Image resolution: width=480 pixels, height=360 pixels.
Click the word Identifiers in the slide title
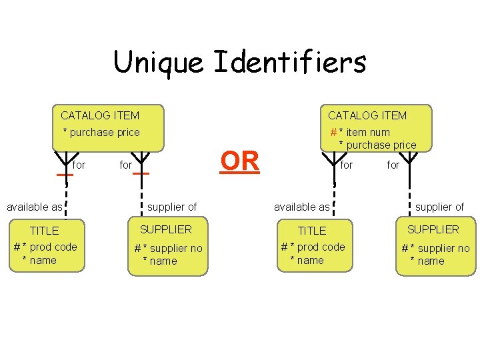(290, 63)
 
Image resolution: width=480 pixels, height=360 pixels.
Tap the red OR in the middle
(239, 161)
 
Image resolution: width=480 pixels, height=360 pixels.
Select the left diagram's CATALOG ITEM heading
(100, 115)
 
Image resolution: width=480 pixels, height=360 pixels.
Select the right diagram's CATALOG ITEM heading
(367, 115)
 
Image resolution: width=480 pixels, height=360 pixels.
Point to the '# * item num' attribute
(360, 132)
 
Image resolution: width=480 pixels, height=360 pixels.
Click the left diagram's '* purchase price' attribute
(101, 132)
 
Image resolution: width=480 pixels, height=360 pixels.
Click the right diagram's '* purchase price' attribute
(377, 145)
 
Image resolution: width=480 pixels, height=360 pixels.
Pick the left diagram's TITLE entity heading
(45, 231)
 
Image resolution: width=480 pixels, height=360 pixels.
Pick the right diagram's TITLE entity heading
(312, 231)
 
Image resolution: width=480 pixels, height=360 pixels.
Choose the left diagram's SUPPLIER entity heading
(165, 229)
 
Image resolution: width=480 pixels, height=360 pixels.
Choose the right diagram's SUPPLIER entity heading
(433, 229)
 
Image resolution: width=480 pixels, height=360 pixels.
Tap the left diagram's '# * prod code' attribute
(45, 247)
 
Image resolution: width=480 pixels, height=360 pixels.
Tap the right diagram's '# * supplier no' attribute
(435, 248)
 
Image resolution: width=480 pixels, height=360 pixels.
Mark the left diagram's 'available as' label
(34, 207)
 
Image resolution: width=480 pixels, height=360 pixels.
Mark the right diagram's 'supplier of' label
(439, 207)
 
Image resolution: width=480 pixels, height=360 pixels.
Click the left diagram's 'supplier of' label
(172, 207)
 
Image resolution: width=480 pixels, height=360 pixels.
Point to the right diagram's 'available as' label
(302, 207)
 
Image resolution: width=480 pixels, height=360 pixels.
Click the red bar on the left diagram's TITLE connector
(65, 175)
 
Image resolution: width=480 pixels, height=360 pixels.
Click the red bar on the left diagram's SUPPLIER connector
(141, 173)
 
